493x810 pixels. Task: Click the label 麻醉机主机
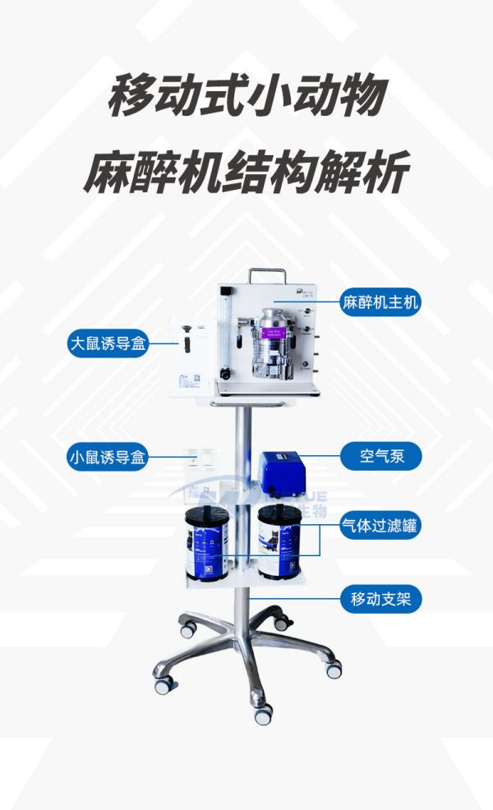[380, 302]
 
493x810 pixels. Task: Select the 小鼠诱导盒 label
[108, 458]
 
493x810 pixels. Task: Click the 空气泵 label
[380, 456]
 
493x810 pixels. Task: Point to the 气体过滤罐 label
[380, 527]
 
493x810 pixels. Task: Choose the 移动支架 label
[380, 600]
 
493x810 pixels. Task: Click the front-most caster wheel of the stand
[263, 716]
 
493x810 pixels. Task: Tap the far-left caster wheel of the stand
[164, 684]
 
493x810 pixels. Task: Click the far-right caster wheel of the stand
[334, 670]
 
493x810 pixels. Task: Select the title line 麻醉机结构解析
[246, 174]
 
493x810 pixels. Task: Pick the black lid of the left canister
[206, 518]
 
